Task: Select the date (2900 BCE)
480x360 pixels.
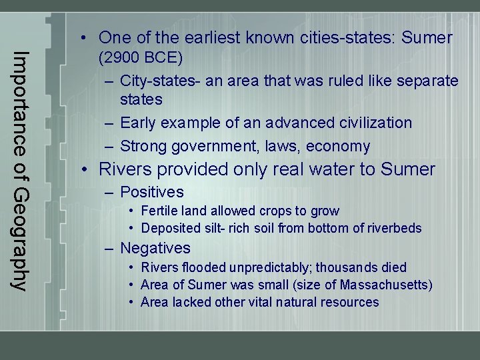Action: [141, 58]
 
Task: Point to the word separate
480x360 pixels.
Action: [427, 81]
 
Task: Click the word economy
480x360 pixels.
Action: [343, 146]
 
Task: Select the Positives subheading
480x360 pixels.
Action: [152, 192]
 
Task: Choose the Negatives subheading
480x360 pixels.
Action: [155, 248]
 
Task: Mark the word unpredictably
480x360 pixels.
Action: [269, 267]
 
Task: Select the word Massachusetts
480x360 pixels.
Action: [385, 285]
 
